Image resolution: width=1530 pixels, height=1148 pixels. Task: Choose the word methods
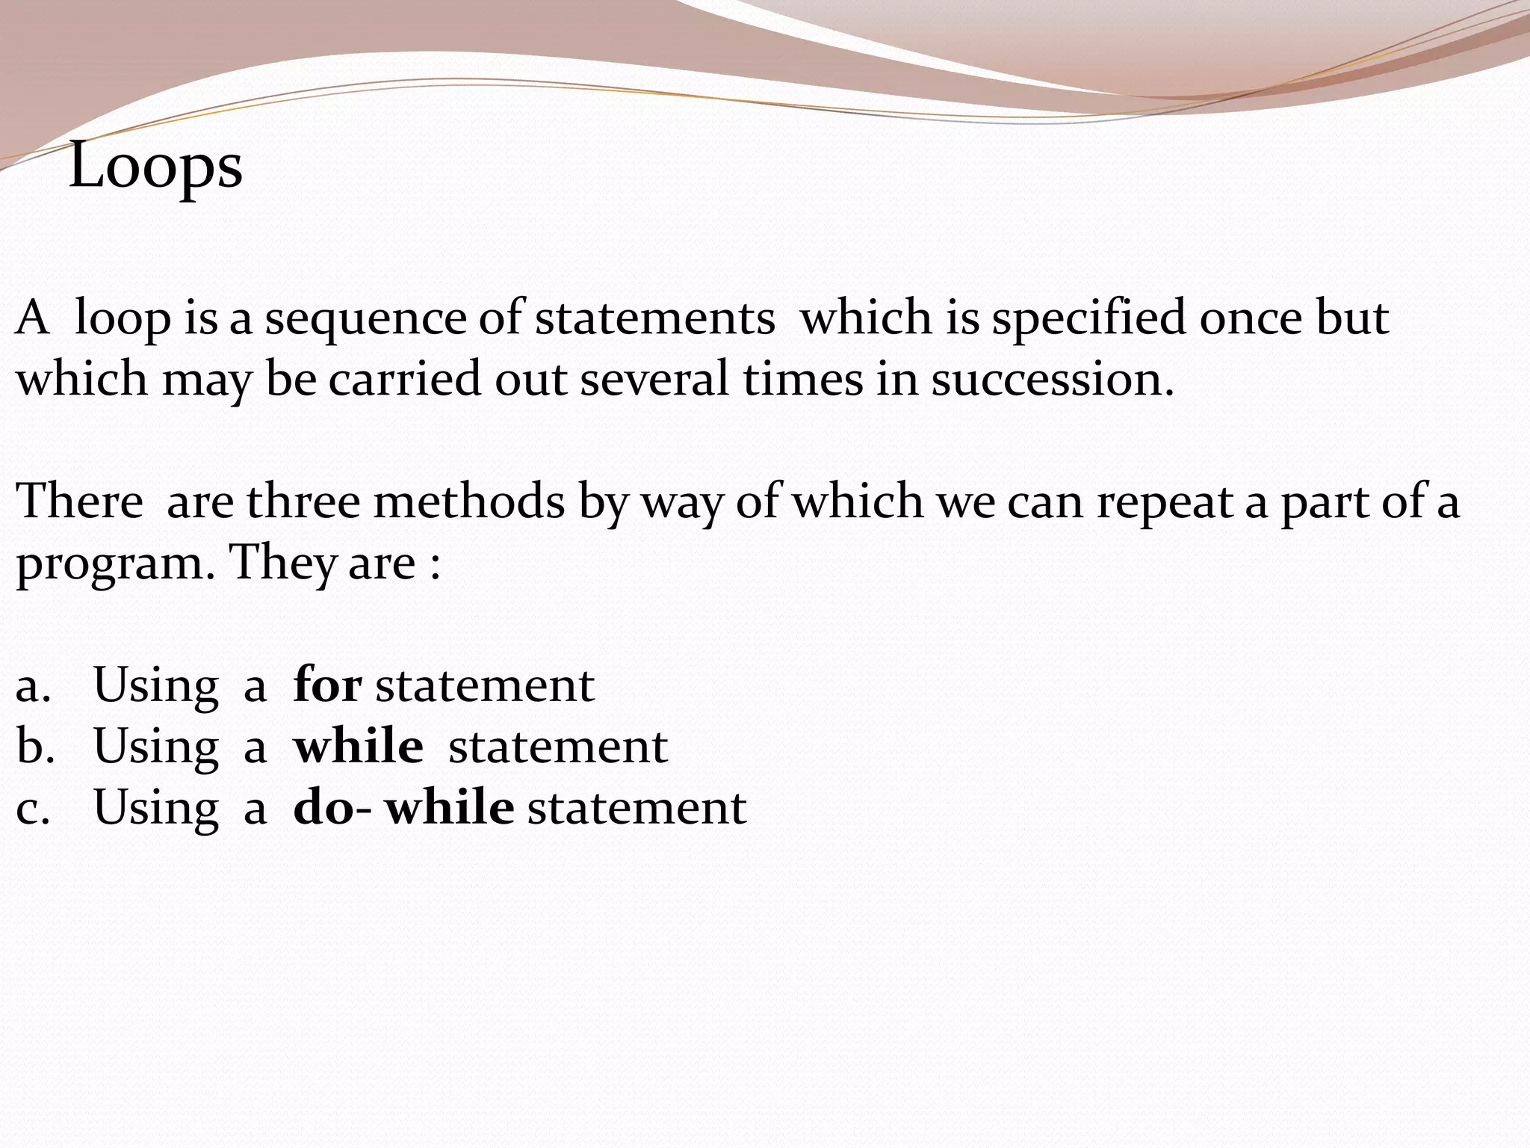point(469,501)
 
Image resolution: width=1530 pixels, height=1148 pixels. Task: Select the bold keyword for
point(328,685)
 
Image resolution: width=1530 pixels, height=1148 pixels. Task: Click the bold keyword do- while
point(403,807)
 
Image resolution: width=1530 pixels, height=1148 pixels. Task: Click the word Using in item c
point(156,809)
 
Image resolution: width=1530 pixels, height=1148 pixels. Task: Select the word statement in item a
point(484,685)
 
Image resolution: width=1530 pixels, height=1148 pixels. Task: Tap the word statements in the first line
point(654,318)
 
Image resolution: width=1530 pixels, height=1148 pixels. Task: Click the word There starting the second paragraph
point(79,501)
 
